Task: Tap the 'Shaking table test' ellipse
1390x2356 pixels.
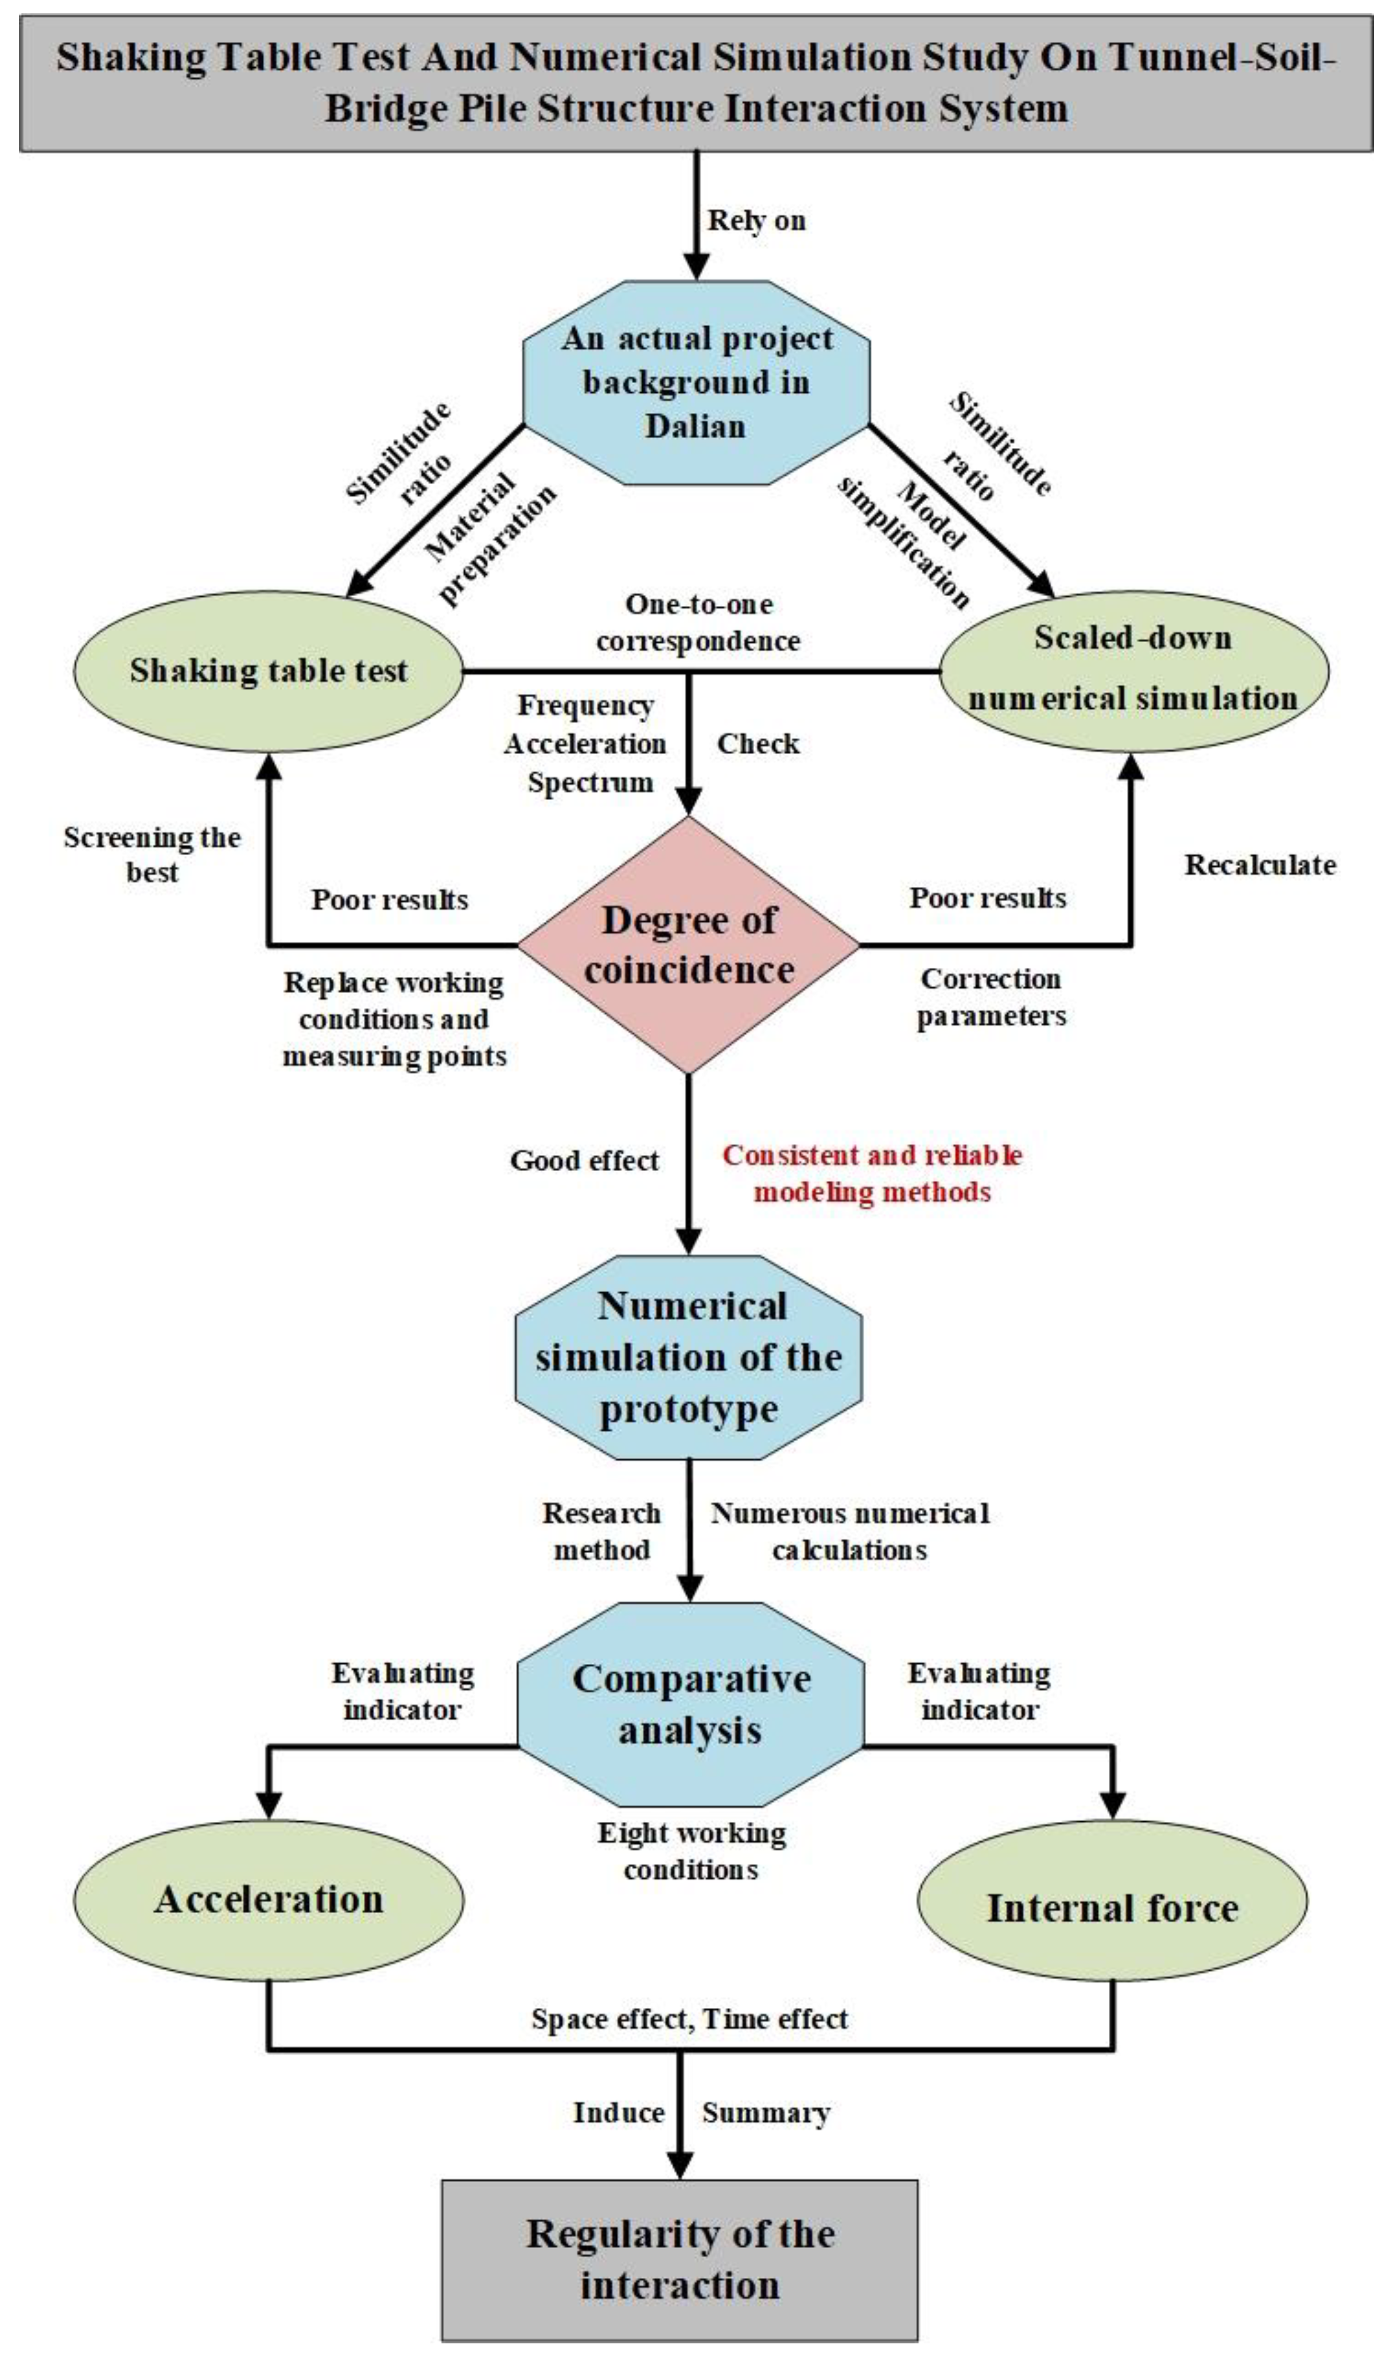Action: pyautogui.click(x=268, y=671)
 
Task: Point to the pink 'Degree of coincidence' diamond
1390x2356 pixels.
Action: pyautogui.click(x=689, y=945)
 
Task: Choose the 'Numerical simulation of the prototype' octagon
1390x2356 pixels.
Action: pyautogui.click(x=689, y=1357)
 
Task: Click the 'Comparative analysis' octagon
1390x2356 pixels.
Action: pyautogui.click(x=690, y=1704)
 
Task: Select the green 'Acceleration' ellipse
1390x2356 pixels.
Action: pyautogui.click(x=268, y=1899)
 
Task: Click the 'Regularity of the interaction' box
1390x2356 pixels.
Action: pyautogui.click(x=679, y=2258)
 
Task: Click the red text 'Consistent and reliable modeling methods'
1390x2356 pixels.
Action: pyautogui.click(x=872, y=1173)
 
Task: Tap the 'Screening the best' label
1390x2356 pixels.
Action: pyautogui.click(x=152, y=853)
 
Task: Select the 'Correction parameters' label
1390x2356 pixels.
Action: pyautogui.click(x=991, y=997)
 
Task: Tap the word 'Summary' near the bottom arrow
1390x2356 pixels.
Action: pyautogui.click(x=765, y=2113)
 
